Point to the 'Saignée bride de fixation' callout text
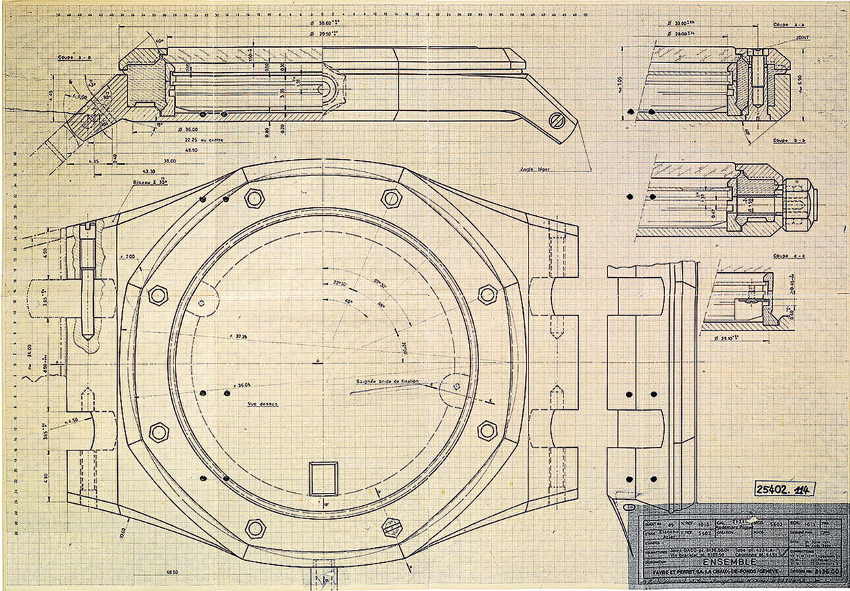(387, 382)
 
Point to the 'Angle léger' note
(535, 168)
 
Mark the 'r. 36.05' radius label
(241, 385)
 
